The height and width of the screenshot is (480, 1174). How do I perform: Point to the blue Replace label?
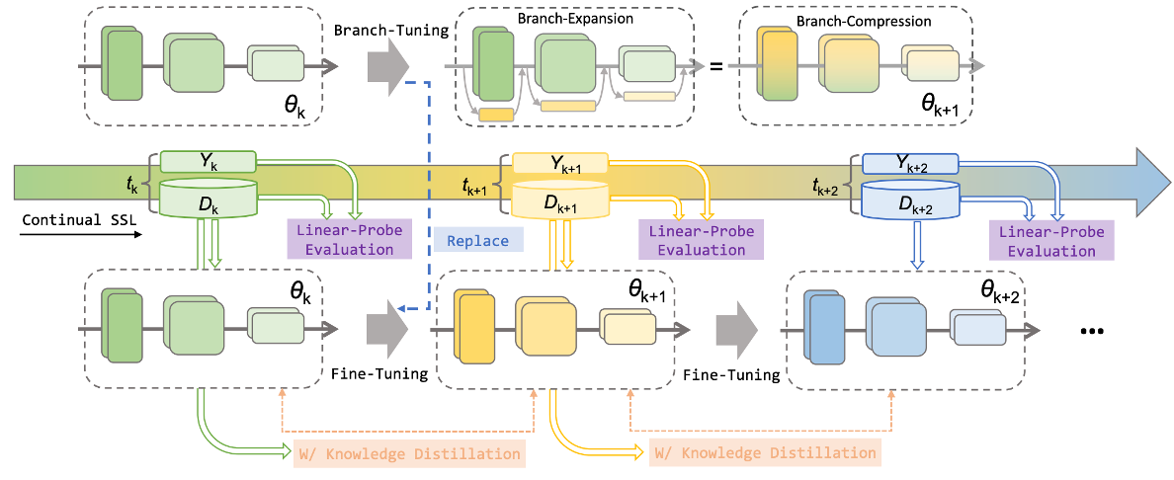click(x=477, y=240)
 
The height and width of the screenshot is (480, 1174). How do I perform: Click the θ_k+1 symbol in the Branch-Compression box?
click(x=941, y=105)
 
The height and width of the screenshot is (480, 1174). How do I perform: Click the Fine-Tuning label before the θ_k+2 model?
click(x=731, y=374)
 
